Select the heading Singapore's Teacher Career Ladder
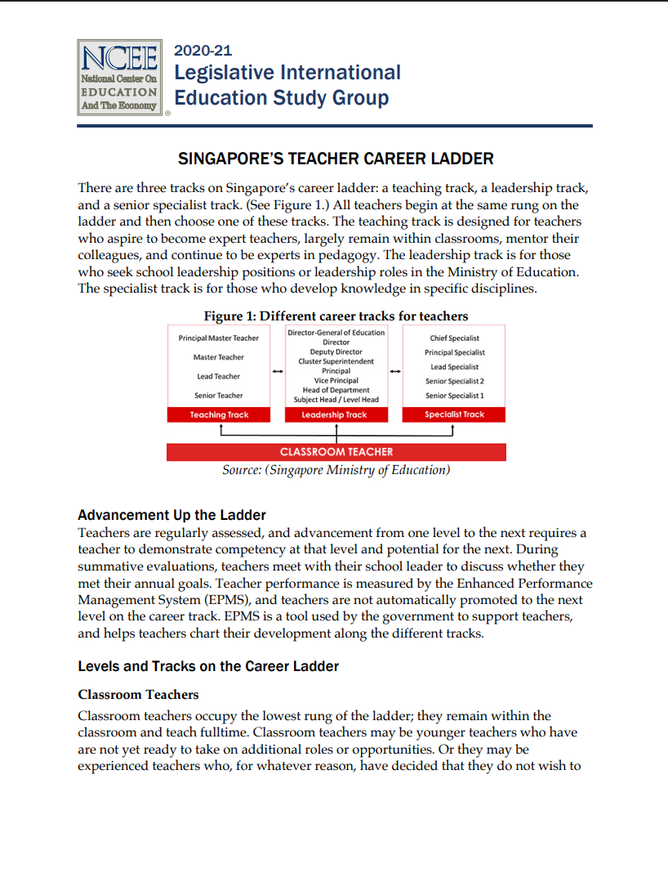tap(336, 159)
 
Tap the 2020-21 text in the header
tap(203, 51)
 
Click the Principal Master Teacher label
tap(219, 338)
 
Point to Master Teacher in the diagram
tap(219, 357)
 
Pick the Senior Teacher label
tap(219, 396)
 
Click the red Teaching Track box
tap(219, 414)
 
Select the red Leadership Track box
tap(335, 414)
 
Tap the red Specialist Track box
tap(454, 414)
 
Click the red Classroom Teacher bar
tap(336, 452)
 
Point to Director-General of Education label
tap(336, 333)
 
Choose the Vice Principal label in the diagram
tap(336, 381)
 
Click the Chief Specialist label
tap(454, 338)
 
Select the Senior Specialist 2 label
tap(454, 381)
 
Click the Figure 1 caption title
tap(336, 316)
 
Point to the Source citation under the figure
tap(336, 470)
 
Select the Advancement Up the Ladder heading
tap(171, 515)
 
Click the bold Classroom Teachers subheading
tap(138, 695)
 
